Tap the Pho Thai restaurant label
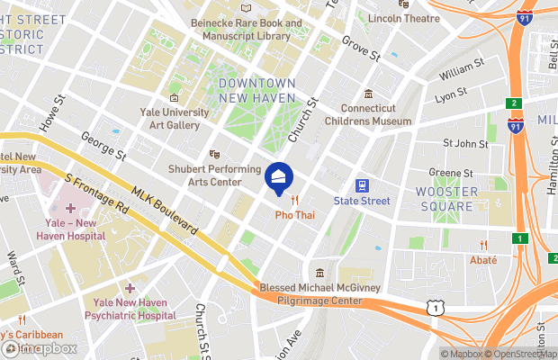click(294, 216)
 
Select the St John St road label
click(465, 143)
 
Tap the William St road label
click(462, 67)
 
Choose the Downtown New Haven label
click(256, 90)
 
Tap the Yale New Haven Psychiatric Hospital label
click(130, 310)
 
